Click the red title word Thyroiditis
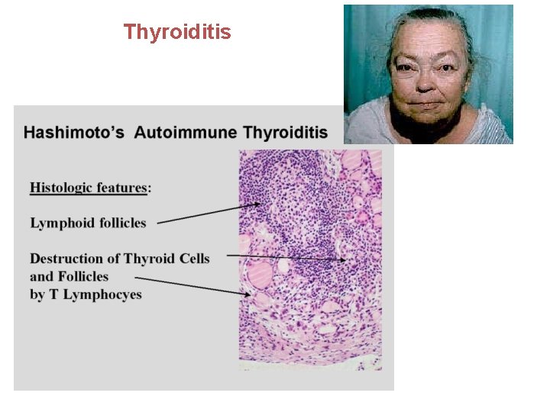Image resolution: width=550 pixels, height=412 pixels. [177, 32]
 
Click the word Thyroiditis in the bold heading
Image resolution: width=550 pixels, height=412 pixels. [285, 133]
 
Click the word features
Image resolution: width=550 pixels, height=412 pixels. [125, 188]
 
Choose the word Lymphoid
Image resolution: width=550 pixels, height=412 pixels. [61, 224]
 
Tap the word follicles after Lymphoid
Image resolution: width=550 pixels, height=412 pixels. [121, 224]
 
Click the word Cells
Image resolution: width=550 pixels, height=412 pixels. [192, 259]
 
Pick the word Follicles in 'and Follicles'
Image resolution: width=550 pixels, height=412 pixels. [82, 276]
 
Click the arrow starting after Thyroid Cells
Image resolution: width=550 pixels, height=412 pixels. [286, 257]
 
